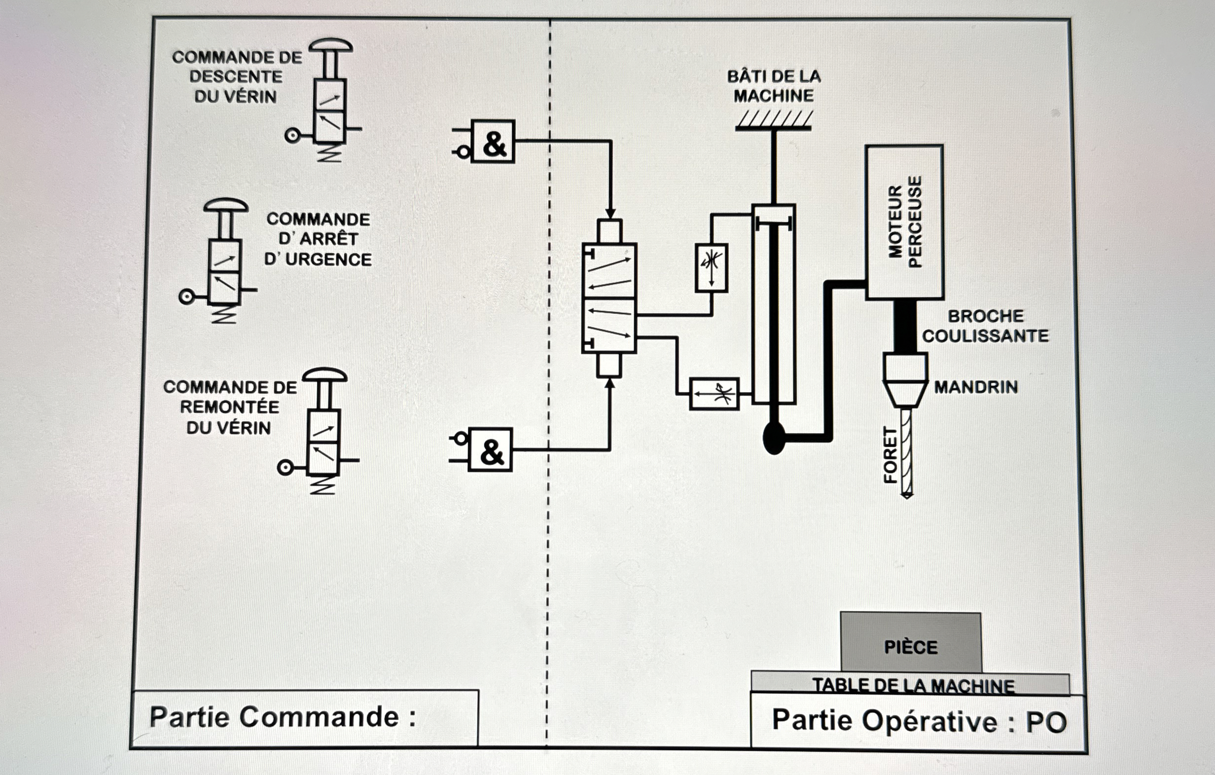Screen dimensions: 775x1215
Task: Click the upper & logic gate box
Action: (493, 142)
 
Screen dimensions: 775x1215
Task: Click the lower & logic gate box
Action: (490, 450)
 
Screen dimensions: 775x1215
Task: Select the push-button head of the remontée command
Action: (324, 375)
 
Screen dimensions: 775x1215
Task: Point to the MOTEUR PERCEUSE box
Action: (904, 222)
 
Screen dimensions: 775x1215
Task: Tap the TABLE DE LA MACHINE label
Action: (913, 686)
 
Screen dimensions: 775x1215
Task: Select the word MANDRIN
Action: (975, 387)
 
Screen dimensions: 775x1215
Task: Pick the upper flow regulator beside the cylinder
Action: (711, 268)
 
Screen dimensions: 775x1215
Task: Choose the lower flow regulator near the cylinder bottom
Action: (714, 394)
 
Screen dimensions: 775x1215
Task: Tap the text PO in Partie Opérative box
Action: (1046, 723)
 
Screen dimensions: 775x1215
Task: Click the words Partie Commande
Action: (275, 717)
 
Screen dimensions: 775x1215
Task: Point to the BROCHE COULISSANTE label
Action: (985, 326)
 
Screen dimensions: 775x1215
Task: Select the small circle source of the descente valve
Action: (292, 135)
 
